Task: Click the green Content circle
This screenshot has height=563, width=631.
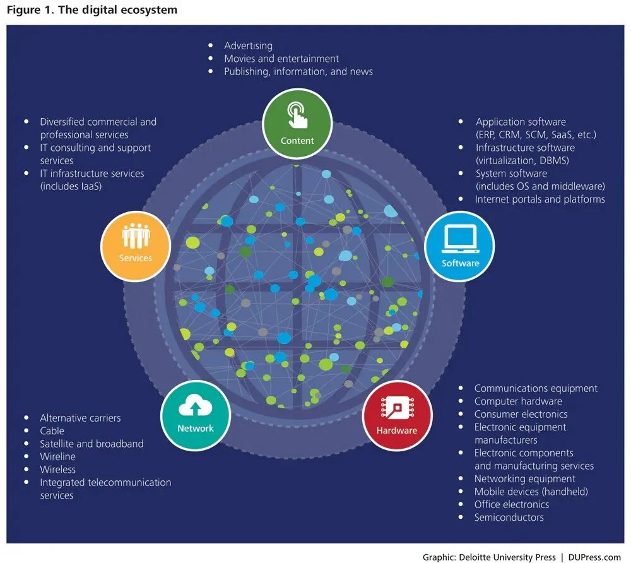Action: [x=297, y=124]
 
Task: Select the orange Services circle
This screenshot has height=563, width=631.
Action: [x=136, y=245]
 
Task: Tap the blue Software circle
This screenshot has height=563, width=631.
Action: [x=460, y=246]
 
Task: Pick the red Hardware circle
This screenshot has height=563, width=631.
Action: [x=397, y=415]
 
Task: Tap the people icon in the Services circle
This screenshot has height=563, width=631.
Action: [x=136, y=237]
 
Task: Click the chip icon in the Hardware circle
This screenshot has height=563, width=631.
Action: [x=397, y=409]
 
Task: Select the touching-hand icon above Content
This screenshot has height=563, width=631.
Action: [x=297, y=116]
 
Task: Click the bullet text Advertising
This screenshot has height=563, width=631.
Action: [x=248, y=45]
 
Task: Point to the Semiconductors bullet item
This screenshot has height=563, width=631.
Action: [x=509, y=518]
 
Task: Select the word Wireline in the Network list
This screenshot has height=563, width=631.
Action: [x=57, y=456]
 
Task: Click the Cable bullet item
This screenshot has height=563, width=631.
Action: [x=52, y=430]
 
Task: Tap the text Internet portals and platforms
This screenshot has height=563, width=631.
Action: [x=540, y=199]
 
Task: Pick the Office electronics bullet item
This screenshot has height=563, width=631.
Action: [x=511, y=504]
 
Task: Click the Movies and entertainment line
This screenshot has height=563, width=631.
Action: [x=281, y=59]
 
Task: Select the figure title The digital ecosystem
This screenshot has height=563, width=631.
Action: [x=117, y=10]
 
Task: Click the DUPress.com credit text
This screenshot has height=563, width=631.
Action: [x=594, y=557]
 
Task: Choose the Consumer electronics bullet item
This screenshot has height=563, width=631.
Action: [x=521, y=414]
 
